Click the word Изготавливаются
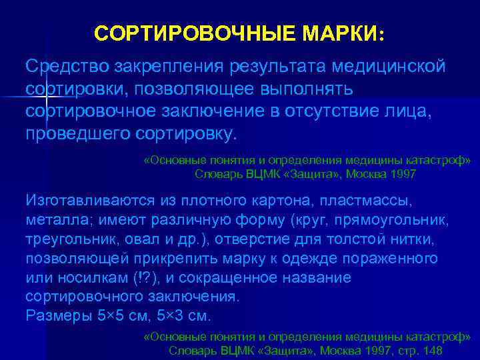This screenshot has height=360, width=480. [85, 199]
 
